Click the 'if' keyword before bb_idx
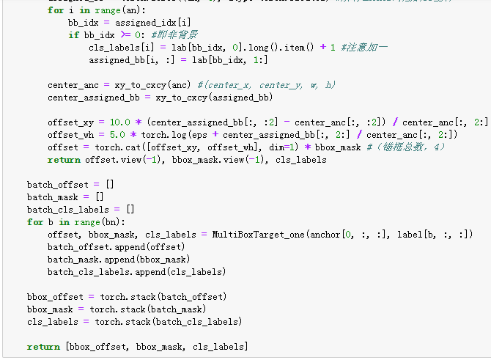[x=73, y=34]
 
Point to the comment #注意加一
[x=364, y=46]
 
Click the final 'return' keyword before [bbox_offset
[x=43, y=347]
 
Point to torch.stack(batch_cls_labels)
[x=168, y=322]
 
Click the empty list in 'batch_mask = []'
[x=100, y=196]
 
